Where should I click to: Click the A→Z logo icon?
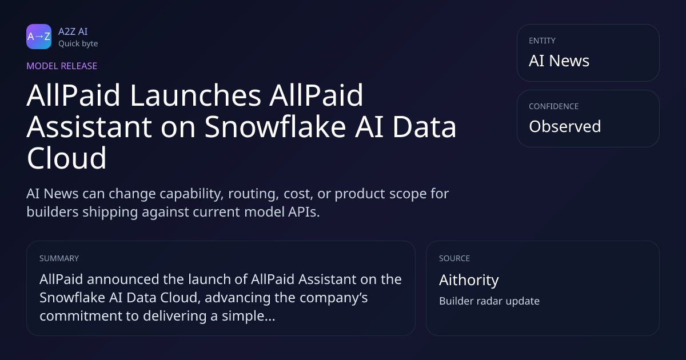point(39,37)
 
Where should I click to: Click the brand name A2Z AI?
point(73,31)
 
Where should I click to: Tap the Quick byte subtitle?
point(78,44)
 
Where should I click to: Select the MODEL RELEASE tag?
point(62,66)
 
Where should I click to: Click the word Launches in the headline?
point(196,95)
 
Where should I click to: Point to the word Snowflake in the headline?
point(276,127)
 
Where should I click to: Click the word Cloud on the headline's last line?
point(66,158)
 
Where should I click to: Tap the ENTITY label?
point(542,41)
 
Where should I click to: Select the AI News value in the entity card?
point(559,61)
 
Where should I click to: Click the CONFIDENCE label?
point(554,106)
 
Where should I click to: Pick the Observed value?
point(565,126)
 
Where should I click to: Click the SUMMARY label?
point(59,258)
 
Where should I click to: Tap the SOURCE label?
point(454,258)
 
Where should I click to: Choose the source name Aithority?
point(469,280)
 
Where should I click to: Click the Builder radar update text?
point(489,301)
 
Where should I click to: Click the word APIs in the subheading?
point(304,212)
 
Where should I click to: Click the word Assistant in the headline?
point(89,127)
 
